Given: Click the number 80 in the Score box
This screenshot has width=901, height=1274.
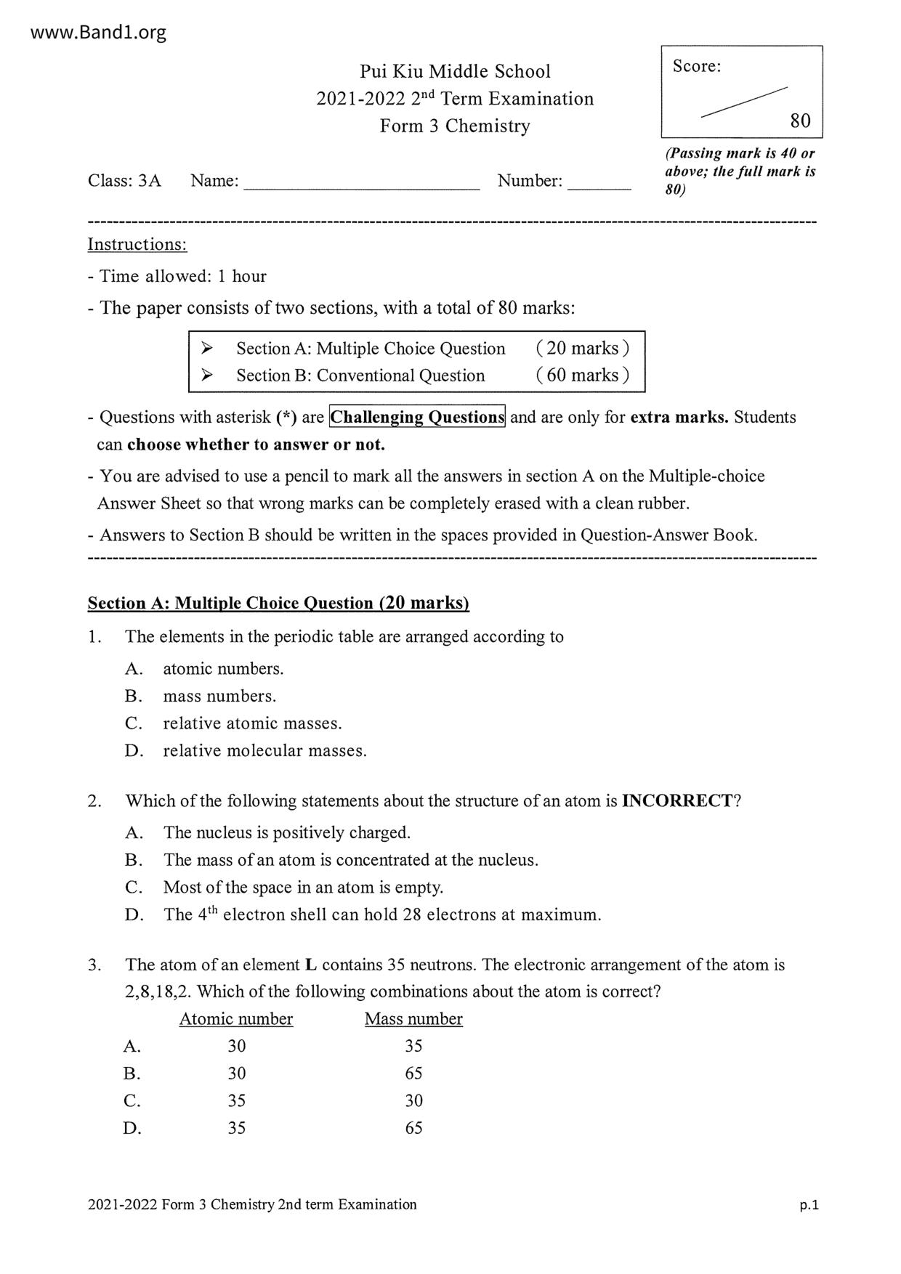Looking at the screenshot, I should pos(800,121).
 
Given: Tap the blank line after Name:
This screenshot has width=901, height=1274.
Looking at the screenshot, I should pos(361,187).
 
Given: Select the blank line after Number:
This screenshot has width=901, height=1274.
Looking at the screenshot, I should pos(599,187).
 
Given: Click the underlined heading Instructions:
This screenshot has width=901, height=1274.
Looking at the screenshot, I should pos(137,244).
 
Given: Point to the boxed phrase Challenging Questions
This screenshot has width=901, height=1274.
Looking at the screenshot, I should pos(417,417).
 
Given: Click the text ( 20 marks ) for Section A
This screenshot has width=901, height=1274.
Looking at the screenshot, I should pos(582,348).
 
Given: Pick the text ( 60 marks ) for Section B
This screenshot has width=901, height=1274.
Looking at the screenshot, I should pos(582,375).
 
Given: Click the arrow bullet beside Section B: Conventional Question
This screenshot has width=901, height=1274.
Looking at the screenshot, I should pos(207,375).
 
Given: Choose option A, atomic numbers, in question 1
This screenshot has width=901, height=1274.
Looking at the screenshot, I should pos(222,668).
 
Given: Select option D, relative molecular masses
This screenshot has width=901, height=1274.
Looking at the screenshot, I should pos(264,750).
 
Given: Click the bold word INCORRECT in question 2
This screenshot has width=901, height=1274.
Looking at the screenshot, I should pos(677,800).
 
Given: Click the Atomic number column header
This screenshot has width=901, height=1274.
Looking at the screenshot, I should pos(236,1019).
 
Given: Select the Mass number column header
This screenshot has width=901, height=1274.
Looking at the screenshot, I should pos(413,1019).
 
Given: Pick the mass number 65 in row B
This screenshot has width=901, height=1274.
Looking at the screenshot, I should pos(413,1074).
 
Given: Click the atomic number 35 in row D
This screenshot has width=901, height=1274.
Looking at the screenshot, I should pos(237,1128).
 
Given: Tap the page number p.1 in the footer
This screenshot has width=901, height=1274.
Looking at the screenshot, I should pos(809,1205).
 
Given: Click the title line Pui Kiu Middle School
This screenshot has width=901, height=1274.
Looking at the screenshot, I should pos(455,71).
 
